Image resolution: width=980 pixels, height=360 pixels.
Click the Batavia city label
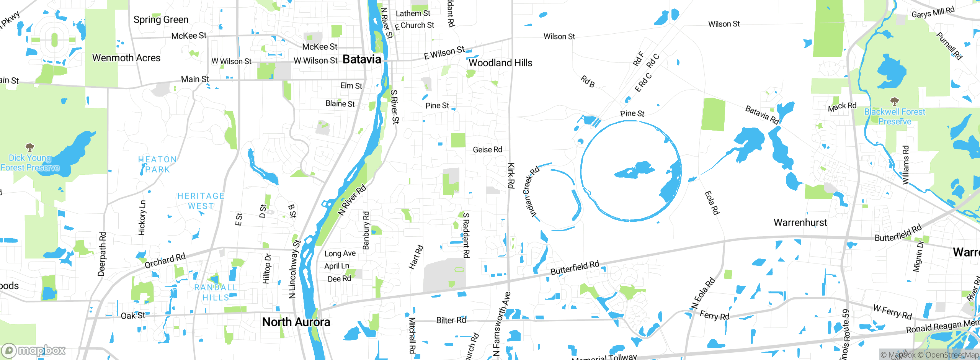361,59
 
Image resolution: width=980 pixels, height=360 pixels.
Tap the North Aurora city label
296,322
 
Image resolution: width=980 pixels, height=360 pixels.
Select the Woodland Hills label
500,63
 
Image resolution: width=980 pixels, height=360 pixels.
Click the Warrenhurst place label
800,223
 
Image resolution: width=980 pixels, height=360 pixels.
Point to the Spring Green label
161,20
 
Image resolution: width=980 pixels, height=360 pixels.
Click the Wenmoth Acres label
126,58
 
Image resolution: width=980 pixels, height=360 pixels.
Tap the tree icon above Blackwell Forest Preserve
894,101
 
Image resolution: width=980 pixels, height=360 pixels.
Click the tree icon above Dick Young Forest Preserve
30,147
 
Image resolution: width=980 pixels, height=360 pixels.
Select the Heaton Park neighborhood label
157,164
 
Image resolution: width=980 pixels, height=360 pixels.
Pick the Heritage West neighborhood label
201,201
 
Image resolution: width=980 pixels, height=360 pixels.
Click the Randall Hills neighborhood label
216,292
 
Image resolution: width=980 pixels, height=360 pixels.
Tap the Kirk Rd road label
511,175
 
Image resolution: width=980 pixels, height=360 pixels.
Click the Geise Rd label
487,150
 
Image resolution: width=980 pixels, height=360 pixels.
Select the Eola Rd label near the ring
712,203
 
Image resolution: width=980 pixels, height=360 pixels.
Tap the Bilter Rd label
451,320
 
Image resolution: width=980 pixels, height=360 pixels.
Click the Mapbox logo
34,350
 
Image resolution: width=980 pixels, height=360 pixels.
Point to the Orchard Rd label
165,261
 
